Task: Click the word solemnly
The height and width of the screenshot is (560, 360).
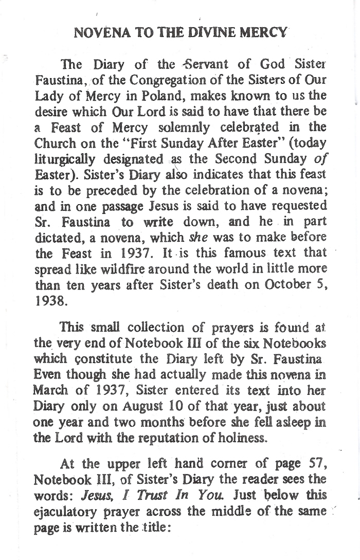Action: click(190, 127)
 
